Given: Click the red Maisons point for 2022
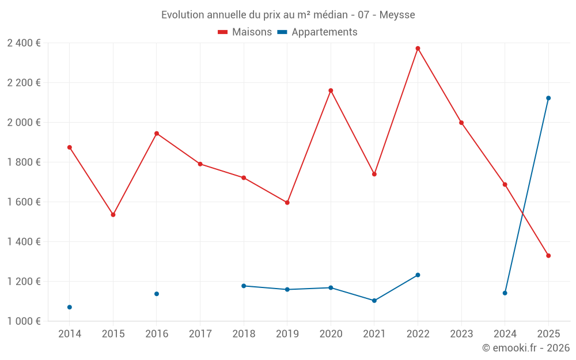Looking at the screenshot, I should pos(418,48).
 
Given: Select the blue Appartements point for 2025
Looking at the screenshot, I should pos(548,98).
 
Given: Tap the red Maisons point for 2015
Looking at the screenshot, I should pos(113,215).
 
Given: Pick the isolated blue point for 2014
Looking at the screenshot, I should pos(70,307).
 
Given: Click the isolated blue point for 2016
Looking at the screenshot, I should pos(157,294).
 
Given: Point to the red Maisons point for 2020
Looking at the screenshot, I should pos(331,90).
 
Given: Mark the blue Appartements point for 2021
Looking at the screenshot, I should pos(374,301).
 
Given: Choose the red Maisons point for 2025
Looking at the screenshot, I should pos(548,256).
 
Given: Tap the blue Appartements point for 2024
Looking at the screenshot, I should pos(505,293).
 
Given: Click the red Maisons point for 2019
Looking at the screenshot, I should pos(287,203).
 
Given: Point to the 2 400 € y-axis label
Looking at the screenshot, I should pos(24,43).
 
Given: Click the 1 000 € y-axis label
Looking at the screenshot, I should pos(24,321).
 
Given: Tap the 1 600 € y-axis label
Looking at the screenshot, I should pos(24,202).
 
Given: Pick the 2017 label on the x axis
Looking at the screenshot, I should pos(200,334).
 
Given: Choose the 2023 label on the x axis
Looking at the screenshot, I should pos(461,334).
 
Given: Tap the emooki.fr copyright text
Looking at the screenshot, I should pos(526,348).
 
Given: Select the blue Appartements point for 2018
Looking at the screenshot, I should pos(244,286).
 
